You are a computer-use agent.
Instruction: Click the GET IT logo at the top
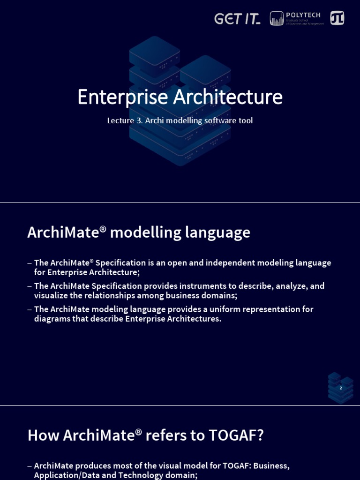click(237, 19)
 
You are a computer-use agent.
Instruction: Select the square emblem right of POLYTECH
click(337, 18)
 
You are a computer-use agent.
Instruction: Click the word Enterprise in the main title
click(122, 97)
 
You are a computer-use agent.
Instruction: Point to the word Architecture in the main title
click(228, 97)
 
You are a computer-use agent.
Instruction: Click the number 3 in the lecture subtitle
click(139, 120)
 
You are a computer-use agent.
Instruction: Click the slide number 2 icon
click(341, 388)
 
